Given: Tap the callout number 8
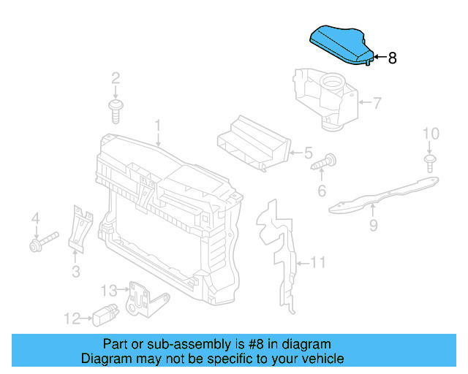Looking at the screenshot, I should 393,58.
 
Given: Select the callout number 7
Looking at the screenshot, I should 377,103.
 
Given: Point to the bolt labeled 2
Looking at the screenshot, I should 116,110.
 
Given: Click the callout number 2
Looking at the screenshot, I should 116,78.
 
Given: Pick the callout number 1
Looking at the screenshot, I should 157,127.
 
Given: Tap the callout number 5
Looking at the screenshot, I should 308,153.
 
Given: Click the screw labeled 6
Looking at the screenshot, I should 323,163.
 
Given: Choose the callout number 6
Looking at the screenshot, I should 321,191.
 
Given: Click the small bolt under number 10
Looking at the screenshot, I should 431,163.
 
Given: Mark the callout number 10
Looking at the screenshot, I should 431,134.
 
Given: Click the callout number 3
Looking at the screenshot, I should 75,272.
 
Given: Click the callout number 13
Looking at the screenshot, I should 108,290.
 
